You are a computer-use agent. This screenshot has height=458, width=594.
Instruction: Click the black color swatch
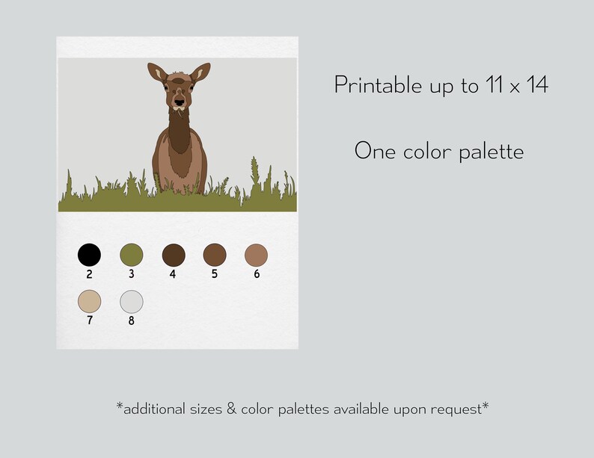(89, 255)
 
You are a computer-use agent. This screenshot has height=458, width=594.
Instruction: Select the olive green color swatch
(131, 255)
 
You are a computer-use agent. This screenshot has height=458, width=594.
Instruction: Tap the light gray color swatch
(131, 301)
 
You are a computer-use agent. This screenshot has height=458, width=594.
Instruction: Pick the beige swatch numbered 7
(89, 301)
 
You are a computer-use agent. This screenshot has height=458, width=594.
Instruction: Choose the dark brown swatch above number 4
(173, 255)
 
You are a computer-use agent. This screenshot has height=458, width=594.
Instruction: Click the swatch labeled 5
(215, 255)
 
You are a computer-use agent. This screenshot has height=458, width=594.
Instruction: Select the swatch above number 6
(256, 255)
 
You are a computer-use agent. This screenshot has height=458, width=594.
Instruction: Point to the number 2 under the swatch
(89, 274)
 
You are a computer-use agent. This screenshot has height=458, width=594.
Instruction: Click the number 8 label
(131, 321)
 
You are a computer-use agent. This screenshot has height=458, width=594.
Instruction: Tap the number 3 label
(131, 274)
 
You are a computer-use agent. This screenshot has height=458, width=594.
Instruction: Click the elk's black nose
(178, 101)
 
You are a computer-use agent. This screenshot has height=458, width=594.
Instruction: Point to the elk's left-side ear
(156, 73)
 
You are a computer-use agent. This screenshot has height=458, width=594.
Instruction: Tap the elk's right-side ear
(200, 73)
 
